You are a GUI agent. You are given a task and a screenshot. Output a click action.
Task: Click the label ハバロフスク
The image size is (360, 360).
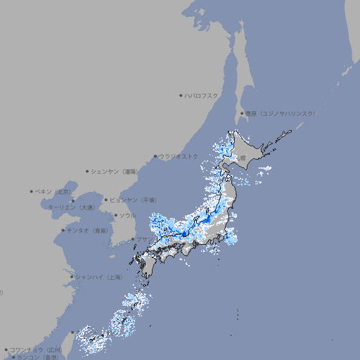point(202,96)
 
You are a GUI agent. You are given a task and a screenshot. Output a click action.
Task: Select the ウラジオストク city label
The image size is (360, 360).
point(179,156)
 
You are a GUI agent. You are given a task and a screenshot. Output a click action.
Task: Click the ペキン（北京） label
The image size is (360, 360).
point(54,191)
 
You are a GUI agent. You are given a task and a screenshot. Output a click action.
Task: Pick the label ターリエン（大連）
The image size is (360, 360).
point(71,207)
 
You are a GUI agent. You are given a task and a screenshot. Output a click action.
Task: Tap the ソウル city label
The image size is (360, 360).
point(127,216)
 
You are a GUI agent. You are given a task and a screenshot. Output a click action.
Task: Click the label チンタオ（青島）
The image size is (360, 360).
point(87,231)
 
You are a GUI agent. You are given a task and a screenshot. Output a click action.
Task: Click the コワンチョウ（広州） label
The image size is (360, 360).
point(36,349)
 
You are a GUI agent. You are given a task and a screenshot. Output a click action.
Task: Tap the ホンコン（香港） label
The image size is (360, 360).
point(42,357)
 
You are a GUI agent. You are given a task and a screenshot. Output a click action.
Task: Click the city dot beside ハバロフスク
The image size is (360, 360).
point(181,96)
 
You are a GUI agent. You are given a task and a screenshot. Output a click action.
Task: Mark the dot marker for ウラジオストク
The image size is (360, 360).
point(155,156)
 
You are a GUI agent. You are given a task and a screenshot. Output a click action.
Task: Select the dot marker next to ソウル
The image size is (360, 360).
point(115,216)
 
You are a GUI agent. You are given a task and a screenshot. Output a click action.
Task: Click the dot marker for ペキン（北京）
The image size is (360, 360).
point(32,191)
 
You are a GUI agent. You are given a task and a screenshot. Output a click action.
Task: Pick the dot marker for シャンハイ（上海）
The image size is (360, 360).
point(72,277)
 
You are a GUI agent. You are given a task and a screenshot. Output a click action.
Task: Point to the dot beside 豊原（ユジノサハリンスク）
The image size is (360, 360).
point(242,113)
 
